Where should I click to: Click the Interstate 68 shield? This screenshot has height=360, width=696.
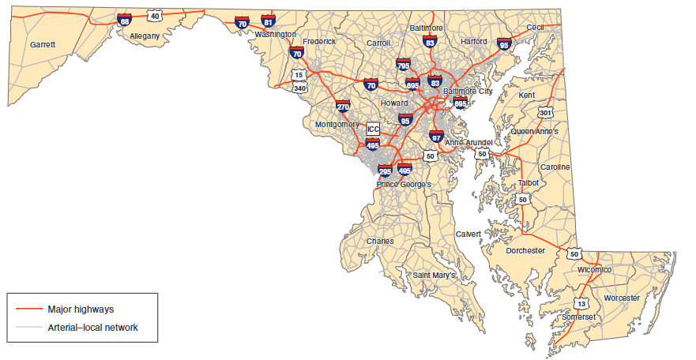125,20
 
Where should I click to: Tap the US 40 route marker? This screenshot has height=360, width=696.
155,16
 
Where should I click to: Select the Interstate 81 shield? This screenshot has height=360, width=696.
269,22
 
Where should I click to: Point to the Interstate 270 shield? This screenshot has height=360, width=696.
343,107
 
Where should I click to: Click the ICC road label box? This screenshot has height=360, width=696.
373,129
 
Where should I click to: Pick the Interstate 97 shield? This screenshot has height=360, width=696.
437,136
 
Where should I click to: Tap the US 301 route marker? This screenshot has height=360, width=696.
545,113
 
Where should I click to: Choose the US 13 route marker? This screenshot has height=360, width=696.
582,304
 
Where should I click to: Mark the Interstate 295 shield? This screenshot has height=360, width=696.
385,170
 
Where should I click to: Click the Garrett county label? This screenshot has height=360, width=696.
43,45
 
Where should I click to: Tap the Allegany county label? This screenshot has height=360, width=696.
145,36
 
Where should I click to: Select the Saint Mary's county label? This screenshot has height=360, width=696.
435,275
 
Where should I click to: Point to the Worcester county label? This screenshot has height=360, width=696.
622,298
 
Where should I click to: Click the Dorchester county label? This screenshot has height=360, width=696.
525,250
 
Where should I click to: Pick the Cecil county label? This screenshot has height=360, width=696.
536,28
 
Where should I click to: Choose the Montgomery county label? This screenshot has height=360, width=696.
337,125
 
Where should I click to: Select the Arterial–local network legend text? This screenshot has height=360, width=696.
93,327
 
